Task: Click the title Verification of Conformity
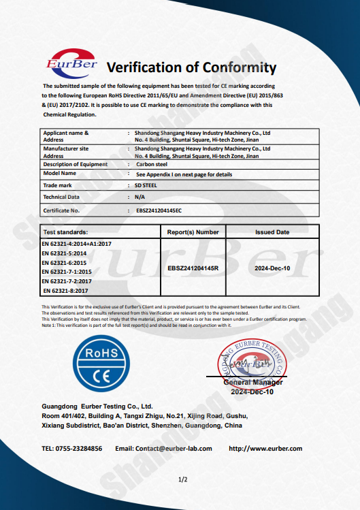pos(192,67)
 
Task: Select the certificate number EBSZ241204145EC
pos(154,211)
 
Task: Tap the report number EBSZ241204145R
pos(193,268)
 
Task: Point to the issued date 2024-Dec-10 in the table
pos(272,268)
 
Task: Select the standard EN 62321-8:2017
pos(65,291)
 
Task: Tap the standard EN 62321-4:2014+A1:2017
pos(77,243)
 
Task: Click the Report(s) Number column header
pos(193,232)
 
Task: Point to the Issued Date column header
pos(272,232)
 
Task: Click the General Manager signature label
pos(253,383)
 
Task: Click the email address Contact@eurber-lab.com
pos(164,449)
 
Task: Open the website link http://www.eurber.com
pos(265,449)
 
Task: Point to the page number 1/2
pos(182,480)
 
